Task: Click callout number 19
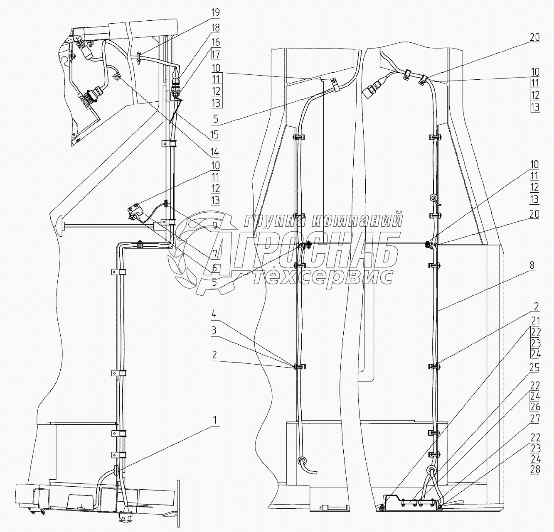[x=215, y=12]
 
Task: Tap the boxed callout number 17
[x=215, y=54]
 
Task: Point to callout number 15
[x=215, y=135]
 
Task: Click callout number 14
[x=215, y=152]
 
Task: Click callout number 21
[x=535, y=321]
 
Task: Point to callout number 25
[x=535, y=368]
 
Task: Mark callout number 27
[x=535, y=419]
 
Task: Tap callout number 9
[x=214, y=226]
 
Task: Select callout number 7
[x=214, y=253]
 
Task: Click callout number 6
[x=214, y=268]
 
